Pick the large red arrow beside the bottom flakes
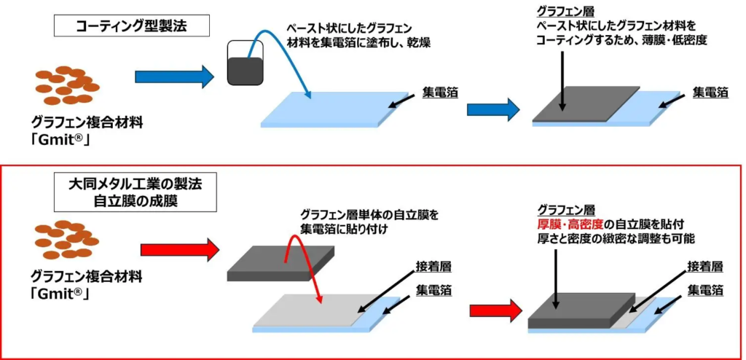coord(178,250)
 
